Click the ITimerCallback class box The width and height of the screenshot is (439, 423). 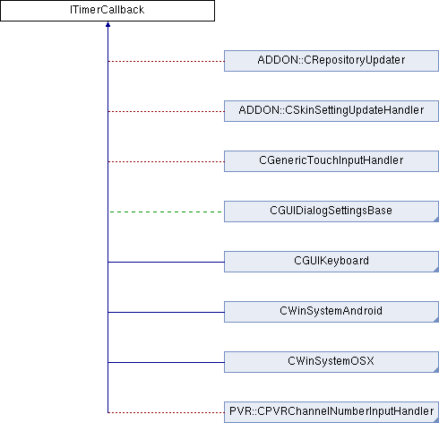click(x=108, y=11)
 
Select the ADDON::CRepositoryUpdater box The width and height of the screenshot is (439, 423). click(x=331, y=61)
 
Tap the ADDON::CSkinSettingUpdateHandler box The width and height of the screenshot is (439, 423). click(x=331, y=111)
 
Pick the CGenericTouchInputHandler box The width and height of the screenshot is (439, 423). click(x=331, y=161)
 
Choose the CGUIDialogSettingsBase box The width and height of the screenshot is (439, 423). click(x=331, y=211)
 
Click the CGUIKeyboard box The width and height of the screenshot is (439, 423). click(x=331, y=262)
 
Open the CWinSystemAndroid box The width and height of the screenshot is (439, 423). click(x=331, y=312)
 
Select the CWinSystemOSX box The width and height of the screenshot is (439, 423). click(x=331, y=362)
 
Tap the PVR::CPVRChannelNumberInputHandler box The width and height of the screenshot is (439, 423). click(x=331, y=412)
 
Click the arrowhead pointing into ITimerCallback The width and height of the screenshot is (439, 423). click(x=108, y=24)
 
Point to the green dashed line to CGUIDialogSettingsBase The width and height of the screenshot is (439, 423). click(x=166, y=211)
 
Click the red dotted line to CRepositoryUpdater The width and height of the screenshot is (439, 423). click(x=166, y=61)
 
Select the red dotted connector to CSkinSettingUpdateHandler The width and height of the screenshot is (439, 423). click(x=166, y=111)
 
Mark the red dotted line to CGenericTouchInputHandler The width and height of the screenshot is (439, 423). click(x=166, y=161)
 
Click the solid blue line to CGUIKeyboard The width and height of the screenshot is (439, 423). click(x=166, y=262)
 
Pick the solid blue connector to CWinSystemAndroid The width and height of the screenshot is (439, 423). click(x=166, y=312)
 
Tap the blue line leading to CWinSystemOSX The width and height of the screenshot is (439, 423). click(x=166, y=362)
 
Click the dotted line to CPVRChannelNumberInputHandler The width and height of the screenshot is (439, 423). click(x=166, y=412)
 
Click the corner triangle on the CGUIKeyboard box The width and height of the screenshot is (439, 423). click(x=436, y=270)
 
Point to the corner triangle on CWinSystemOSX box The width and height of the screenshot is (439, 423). click(x=436, y=370)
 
